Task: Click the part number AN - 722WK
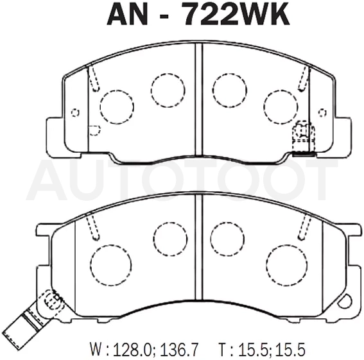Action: [198, 13]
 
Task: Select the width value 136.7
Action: [178, 348]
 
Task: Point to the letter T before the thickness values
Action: [223, 348]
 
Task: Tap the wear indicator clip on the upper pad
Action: [304, 139]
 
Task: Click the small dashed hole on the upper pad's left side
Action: [75, 113]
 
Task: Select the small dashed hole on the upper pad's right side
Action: [322, 113]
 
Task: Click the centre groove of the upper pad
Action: [199, 100]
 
